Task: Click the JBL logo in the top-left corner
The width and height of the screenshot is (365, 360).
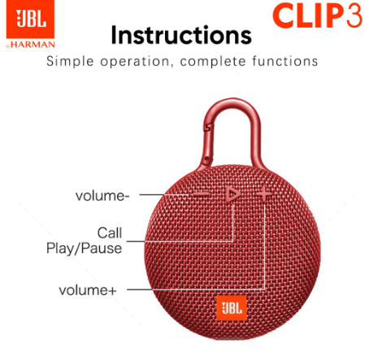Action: point(30,19)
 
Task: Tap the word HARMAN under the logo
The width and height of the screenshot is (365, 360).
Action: point(33,45)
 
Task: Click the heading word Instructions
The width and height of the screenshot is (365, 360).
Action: point(181,35)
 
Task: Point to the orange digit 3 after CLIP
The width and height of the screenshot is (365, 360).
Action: point(353,15)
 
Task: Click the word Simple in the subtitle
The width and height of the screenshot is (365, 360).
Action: point(70,62)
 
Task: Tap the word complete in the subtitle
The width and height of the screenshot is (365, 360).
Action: point(213,62)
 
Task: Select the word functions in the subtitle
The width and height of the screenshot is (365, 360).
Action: point(285,61)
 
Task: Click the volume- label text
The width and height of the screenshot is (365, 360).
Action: point(102,196)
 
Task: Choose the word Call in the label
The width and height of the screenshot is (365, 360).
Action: point(110,232)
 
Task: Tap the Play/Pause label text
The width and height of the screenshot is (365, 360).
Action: point(84,249)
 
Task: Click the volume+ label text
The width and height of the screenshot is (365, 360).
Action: point(88,290)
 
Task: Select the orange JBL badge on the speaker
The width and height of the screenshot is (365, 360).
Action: point(232,308)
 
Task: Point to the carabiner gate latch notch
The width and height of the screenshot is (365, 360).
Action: point(208,127)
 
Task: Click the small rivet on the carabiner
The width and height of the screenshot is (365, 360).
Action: point(207,158)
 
